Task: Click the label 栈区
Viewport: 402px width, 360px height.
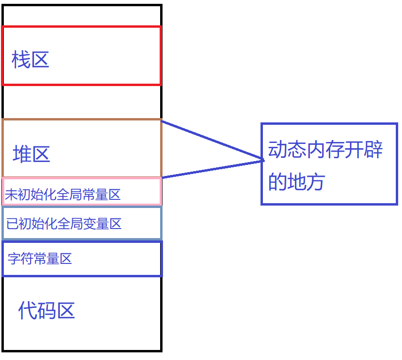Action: tap(31, 61)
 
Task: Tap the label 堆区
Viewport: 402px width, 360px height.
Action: tap(32, 154)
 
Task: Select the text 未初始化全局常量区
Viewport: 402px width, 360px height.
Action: tap(63, 195)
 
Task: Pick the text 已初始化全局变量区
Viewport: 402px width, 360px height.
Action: tap(64, 223)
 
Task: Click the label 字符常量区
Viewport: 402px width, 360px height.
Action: tap(40, 259)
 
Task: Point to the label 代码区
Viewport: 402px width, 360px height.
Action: tap(47, 311)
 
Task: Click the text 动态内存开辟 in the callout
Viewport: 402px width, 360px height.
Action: tap(326, 150)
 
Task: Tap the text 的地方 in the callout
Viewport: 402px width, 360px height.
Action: tap(296, 182)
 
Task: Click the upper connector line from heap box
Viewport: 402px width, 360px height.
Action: tap(213, 140)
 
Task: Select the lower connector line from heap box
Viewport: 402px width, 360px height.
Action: tap(213, 169)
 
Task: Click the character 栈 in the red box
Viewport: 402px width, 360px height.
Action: tap(21, 61)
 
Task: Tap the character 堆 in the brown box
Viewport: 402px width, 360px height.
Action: tap(22, 154)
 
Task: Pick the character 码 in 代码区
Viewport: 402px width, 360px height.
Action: tap(47, 311)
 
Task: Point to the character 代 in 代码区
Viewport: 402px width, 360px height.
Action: tap(28, 311)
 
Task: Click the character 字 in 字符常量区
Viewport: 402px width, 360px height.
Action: tap(13, 259)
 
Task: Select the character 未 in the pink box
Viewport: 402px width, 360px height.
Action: tap(11, 195)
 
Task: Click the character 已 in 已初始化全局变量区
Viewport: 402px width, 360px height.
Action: tap(12, 223)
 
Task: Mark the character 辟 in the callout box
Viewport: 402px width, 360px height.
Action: tap(374, 150)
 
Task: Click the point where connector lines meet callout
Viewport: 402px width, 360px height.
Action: tap(263, 160)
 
